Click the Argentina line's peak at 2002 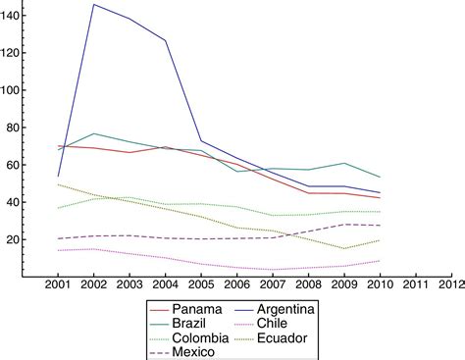pos(94,5)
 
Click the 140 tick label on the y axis pos(14,15)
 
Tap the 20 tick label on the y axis pos(18,239)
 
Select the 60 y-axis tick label pos(18,165)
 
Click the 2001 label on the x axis pos(58,284)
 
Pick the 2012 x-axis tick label pos(451,284)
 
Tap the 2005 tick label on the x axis pos(201,284)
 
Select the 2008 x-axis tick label pos(308,284)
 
